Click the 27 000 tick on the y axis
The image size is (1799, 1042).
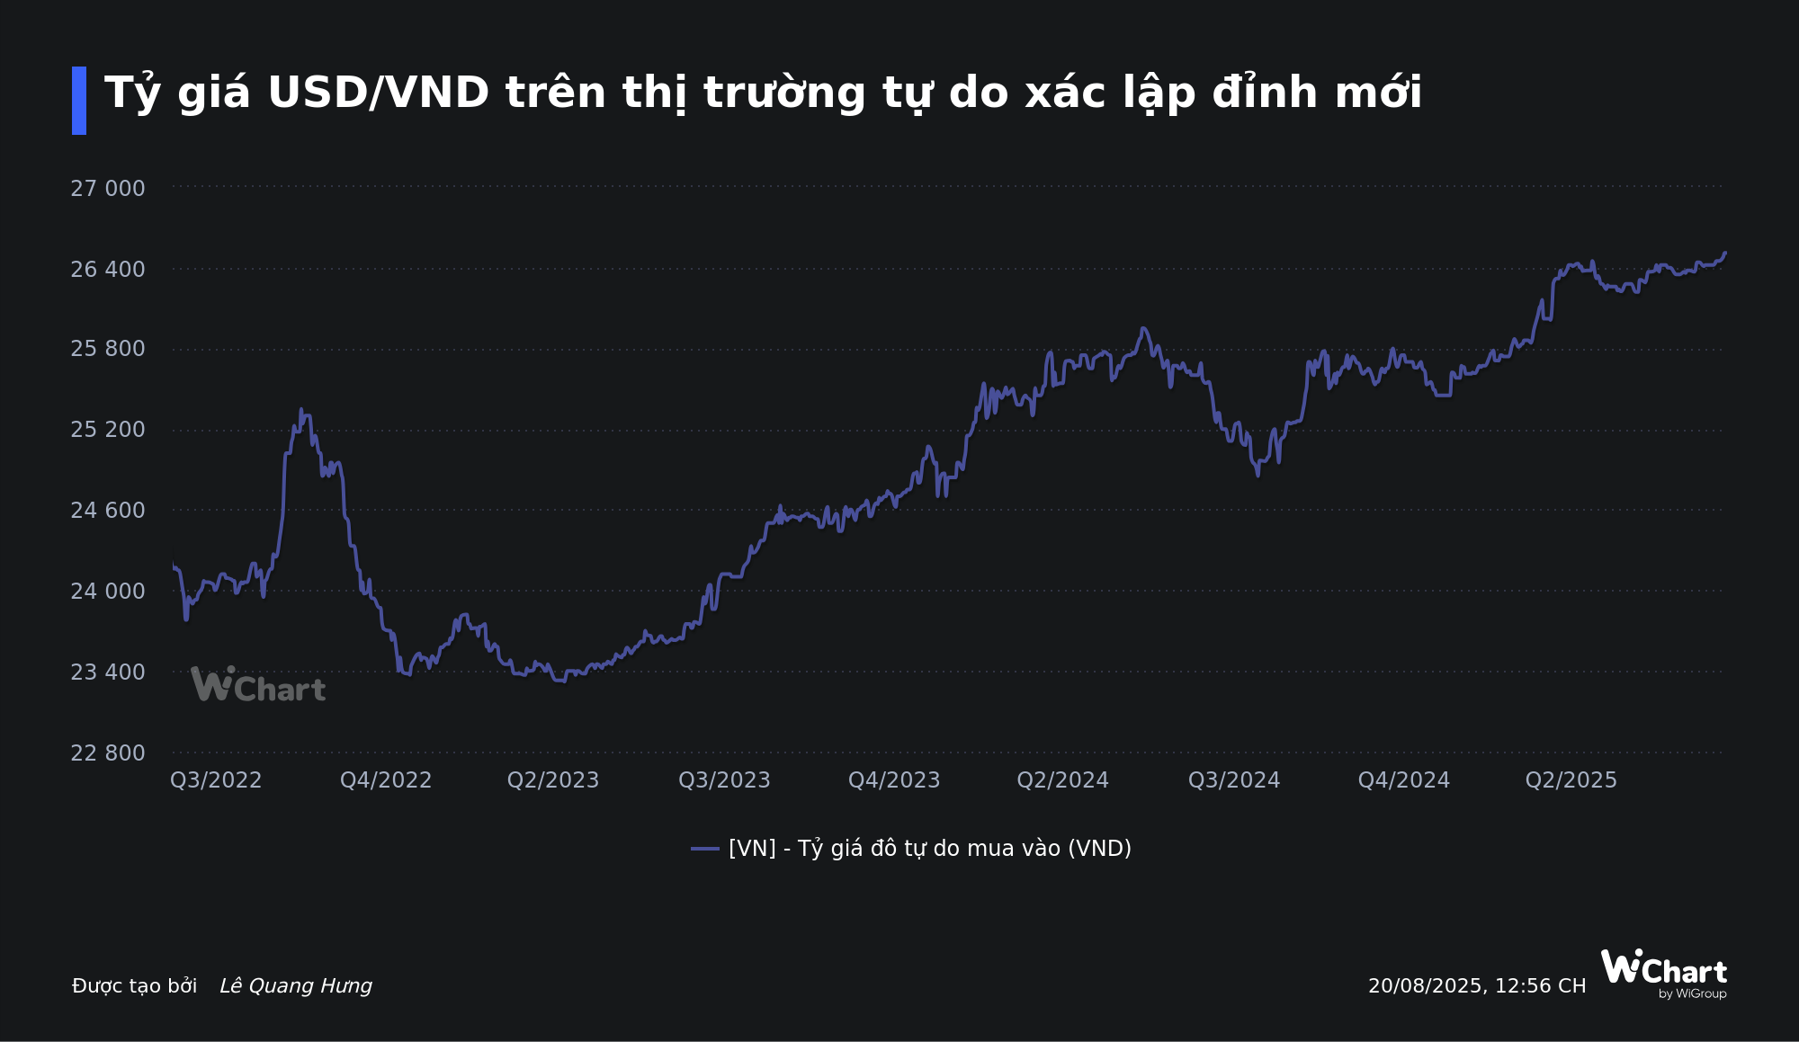[107, 189]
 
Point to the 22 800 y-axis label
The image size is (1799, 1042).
[107, 753]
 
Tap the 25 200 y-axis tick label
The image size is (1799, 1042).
[107, 430]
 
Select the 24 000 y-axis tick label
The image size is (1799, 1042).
[107, 592]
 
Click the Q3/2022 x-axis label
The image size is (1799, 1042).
[216, 780]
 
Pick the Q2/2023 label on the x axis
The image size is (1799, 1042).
[553, 780]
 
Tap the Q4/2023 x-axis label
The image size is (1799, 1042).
[894, 780]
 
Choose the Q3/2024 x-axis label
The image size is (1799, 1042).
[1234, 780]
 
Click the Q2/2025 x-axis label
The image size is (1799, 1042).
[1571, 780]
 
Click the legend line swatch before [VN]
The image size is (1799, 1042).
[705, 849]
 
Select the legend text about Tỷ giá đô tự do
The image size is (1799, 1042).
[930, 849]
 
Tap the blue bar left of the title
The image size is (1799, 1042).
[79, 101]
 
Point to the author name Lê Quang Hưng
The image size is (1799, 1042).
[296, 986]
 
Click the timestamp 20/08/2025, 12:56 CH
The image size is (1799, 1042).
[1477, 986]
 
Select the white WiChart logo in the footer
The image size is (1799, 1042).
[1663, 972]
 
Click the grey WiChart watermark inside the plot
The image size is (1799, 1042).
[258, 686]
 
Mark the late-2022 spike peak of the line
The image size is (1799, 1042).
[302, 411]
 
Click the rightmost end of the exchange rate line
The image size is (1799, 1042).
[1724, 254]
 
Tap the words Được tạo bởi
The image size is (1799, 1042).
[135, 986]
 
